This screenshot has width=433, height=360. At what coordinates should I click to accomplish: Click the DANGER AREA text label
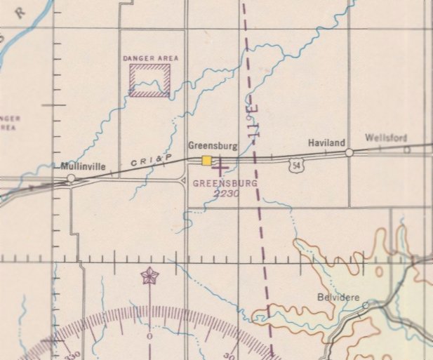pos(150,58)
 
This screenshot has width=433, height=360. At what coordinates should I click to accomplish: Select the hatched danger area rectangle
pos(149,80)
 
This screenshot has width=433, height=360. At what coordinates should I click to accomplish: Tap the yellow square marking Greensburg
pos(207,161)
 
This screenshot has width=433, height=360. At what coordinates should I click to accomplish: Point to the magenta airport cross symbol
pos(220,168)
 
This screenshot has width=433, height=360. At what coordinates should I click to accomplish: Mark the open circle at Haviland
pos(349,152)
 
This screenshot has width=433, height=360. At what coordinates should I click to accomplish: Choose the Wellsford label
pos(385,138)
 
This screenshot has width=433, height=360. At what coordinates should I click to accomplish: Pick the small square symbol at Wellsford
pos(406,149)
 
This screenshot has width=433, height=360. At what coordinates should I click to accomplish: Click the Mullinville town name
pos(84,167)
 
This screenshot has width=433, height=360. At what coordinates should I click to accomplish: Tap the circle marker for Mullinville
pos(71,179)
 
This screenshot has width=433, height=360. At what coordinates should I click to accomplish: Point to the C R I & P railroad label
pos(153,162)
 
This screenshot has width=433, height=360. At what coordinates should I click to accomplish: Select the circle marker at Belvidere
pos(365,305)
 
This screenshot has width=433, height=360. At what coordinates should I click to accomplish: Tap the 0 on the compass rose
pos(149,336)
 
